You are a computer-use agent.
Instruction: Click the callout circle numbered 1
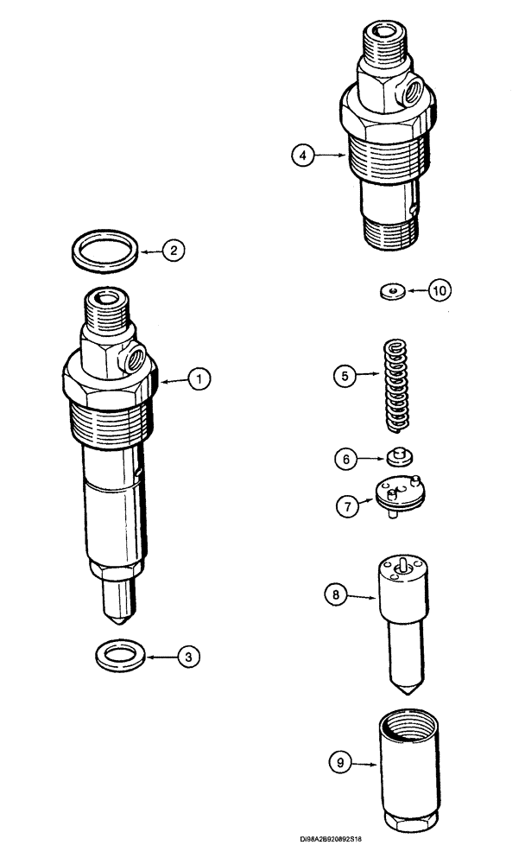pyautogui.click(x=198, y=378)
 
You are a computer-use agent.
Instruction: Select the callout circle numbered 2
pyautogui.click(x=174, y=251)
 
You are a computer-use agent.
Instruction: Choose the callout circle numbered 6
pyautogui.click(x=347, y=460)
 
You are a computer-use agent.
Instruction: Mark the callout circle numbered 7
pyautogui.click(x=348, y=506)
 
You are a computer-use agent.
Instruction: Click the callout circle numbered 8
pyautogui.click(x=335, y=594)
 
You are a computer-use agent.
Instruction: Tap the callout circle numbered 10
pyautogui.click(x=440, y=290)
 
